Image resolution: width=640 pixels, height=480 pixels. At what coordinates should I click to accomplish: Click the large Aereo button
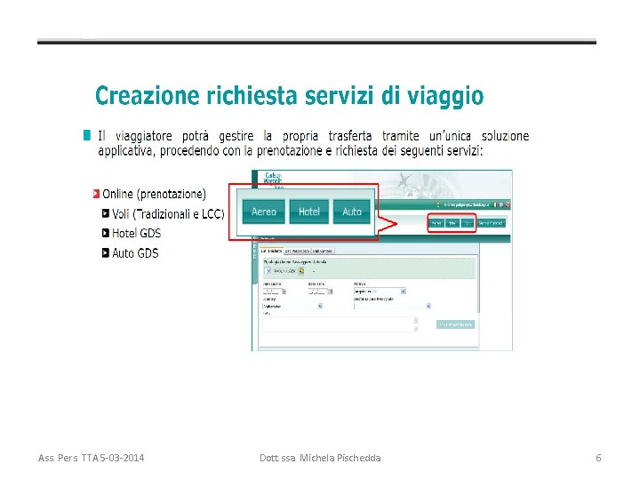click(264, 212)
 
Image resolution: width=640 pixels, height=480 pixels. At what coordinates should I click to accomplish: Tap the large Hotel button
click(309, 212)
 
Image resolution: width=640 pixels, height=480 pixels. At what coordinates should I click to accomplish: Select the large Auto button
click(352, 212)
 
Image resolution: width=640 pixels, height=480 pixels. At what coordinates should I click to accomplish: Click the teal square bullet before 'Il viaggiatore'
click(87, 136)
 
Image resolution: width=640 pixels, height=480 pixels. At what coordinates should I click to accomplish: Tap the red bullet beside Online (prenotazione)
click(96, 193)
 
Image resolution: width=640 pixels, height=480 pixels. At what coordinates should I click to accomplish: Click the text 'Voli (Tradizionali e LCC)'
click(168, 213)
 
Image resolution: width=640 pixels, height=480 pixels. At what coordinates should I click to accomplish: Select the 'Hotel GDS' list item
click(136, 233)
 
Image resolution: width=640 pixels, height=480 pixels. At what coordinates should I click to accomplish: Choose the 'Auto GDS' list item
click(135, 253)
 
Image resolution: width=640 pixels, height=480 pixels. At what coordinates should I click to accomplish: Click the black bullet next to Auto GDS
click(106, 253)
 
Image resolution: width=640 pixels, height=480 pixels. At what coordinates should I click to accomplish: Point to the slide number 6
click(598, 458)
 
